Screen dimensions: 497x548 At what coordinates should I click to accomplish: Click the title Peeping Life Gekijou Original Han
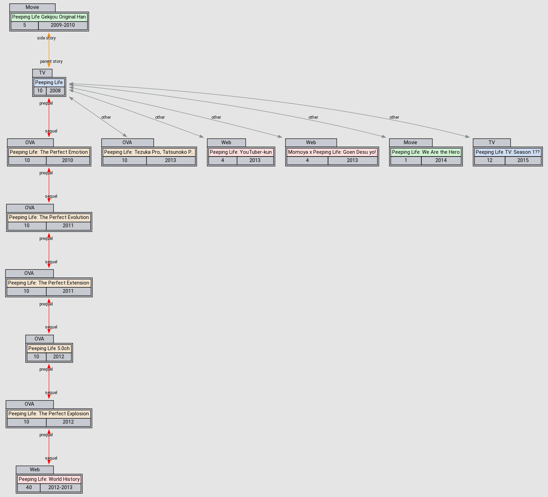(x=49, y=17)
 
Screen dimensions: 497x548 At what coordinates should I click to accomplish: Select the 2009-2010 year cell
(x=62, y=25)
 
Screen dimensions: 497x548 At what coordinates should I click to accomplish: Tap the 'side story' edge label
(x=46, y=38)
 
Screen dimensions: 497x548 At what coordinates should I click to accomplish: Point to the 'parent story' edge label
(x=51, y=61)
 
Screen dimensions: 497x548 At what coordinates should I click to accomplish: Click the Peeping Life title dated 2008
(x=49, y=82)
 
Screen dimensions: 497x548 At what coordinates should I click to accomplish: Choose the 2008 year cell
(x=55, y=91)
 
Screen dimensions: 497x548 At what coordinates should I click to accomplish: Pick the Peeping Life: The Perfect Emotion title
(x=49, y=152)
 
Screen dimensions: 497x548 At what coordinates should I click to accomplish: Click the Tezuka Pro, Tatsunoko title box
(x=149, y=152)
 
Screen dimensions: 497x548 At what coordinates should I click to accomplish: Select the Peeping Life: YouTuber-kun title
(x=241, y=152)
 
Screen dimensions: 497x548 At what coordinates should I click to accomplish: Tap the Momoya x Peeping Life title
(x=332, y=152)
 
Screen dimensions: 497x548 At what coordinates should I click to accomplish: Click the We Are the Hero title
(x=425, y=152)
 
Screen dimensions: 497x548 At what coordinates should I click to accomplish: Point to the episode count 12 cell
(x=490, y=160)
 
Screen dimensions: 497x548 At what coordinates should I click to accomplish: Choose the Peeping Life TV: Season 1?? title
(x=508, y=152)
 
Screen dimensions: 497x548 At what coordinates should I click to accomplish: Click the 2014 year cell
(x=441, y=160)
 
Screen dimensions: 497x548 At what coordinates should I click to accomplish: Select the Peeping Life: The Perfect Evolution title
(x=49, y=217)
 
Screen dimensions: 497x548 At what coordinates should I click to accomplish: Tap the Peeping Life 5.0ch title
(x=49, y=348)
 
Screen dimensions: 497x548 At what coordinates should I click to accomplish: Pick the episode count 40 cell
(x=29, y=487)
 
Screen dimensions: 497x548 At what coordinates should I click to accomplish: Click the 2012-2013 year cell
(x=60, y=487)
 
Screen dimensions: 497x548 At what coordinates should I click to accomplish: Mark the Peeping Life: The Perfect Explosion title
(x=49, y=414)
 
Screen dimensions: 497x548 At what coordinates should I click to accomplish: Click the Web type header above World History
(x=35, y=470)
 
